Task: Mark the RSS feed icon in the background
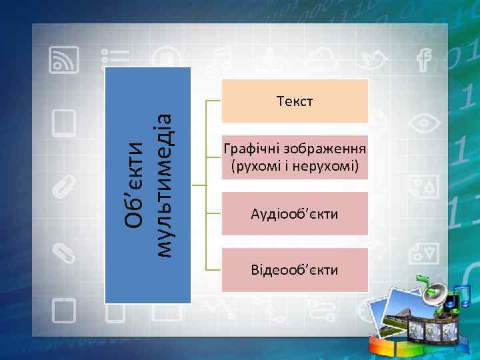click(x=65, y=61)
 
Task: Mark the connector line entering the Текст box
click(x=214, y=101)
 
